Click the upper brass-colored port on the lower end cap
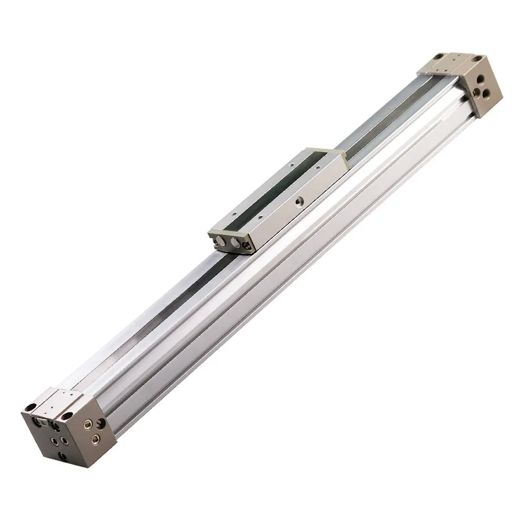coord(88,424)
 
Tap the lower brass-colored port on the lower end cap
coord(95,440)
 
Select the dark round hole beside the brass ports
coord(101,423)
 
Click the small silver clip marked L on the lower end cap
coord(44,422)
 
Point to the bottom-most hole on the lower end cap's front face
coord(63,457)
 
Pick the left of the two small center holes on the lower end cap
coord(55,441)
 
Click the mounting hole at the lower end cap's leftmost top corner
coord(31,407)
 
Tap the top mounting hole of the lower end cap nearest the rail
coord(67,416)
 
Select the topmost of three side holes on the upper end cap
coord(481,79)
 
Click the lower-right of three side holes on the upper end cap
coord(486,94)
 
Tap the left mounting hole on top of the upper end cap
coord(438,57)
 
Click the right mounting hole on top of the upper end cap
coord(477,59)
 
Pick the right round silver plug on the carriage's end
coord(236,243)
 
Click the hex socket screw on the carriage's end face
coord(247,245)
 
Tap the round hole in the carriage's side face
coord(299,201)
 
